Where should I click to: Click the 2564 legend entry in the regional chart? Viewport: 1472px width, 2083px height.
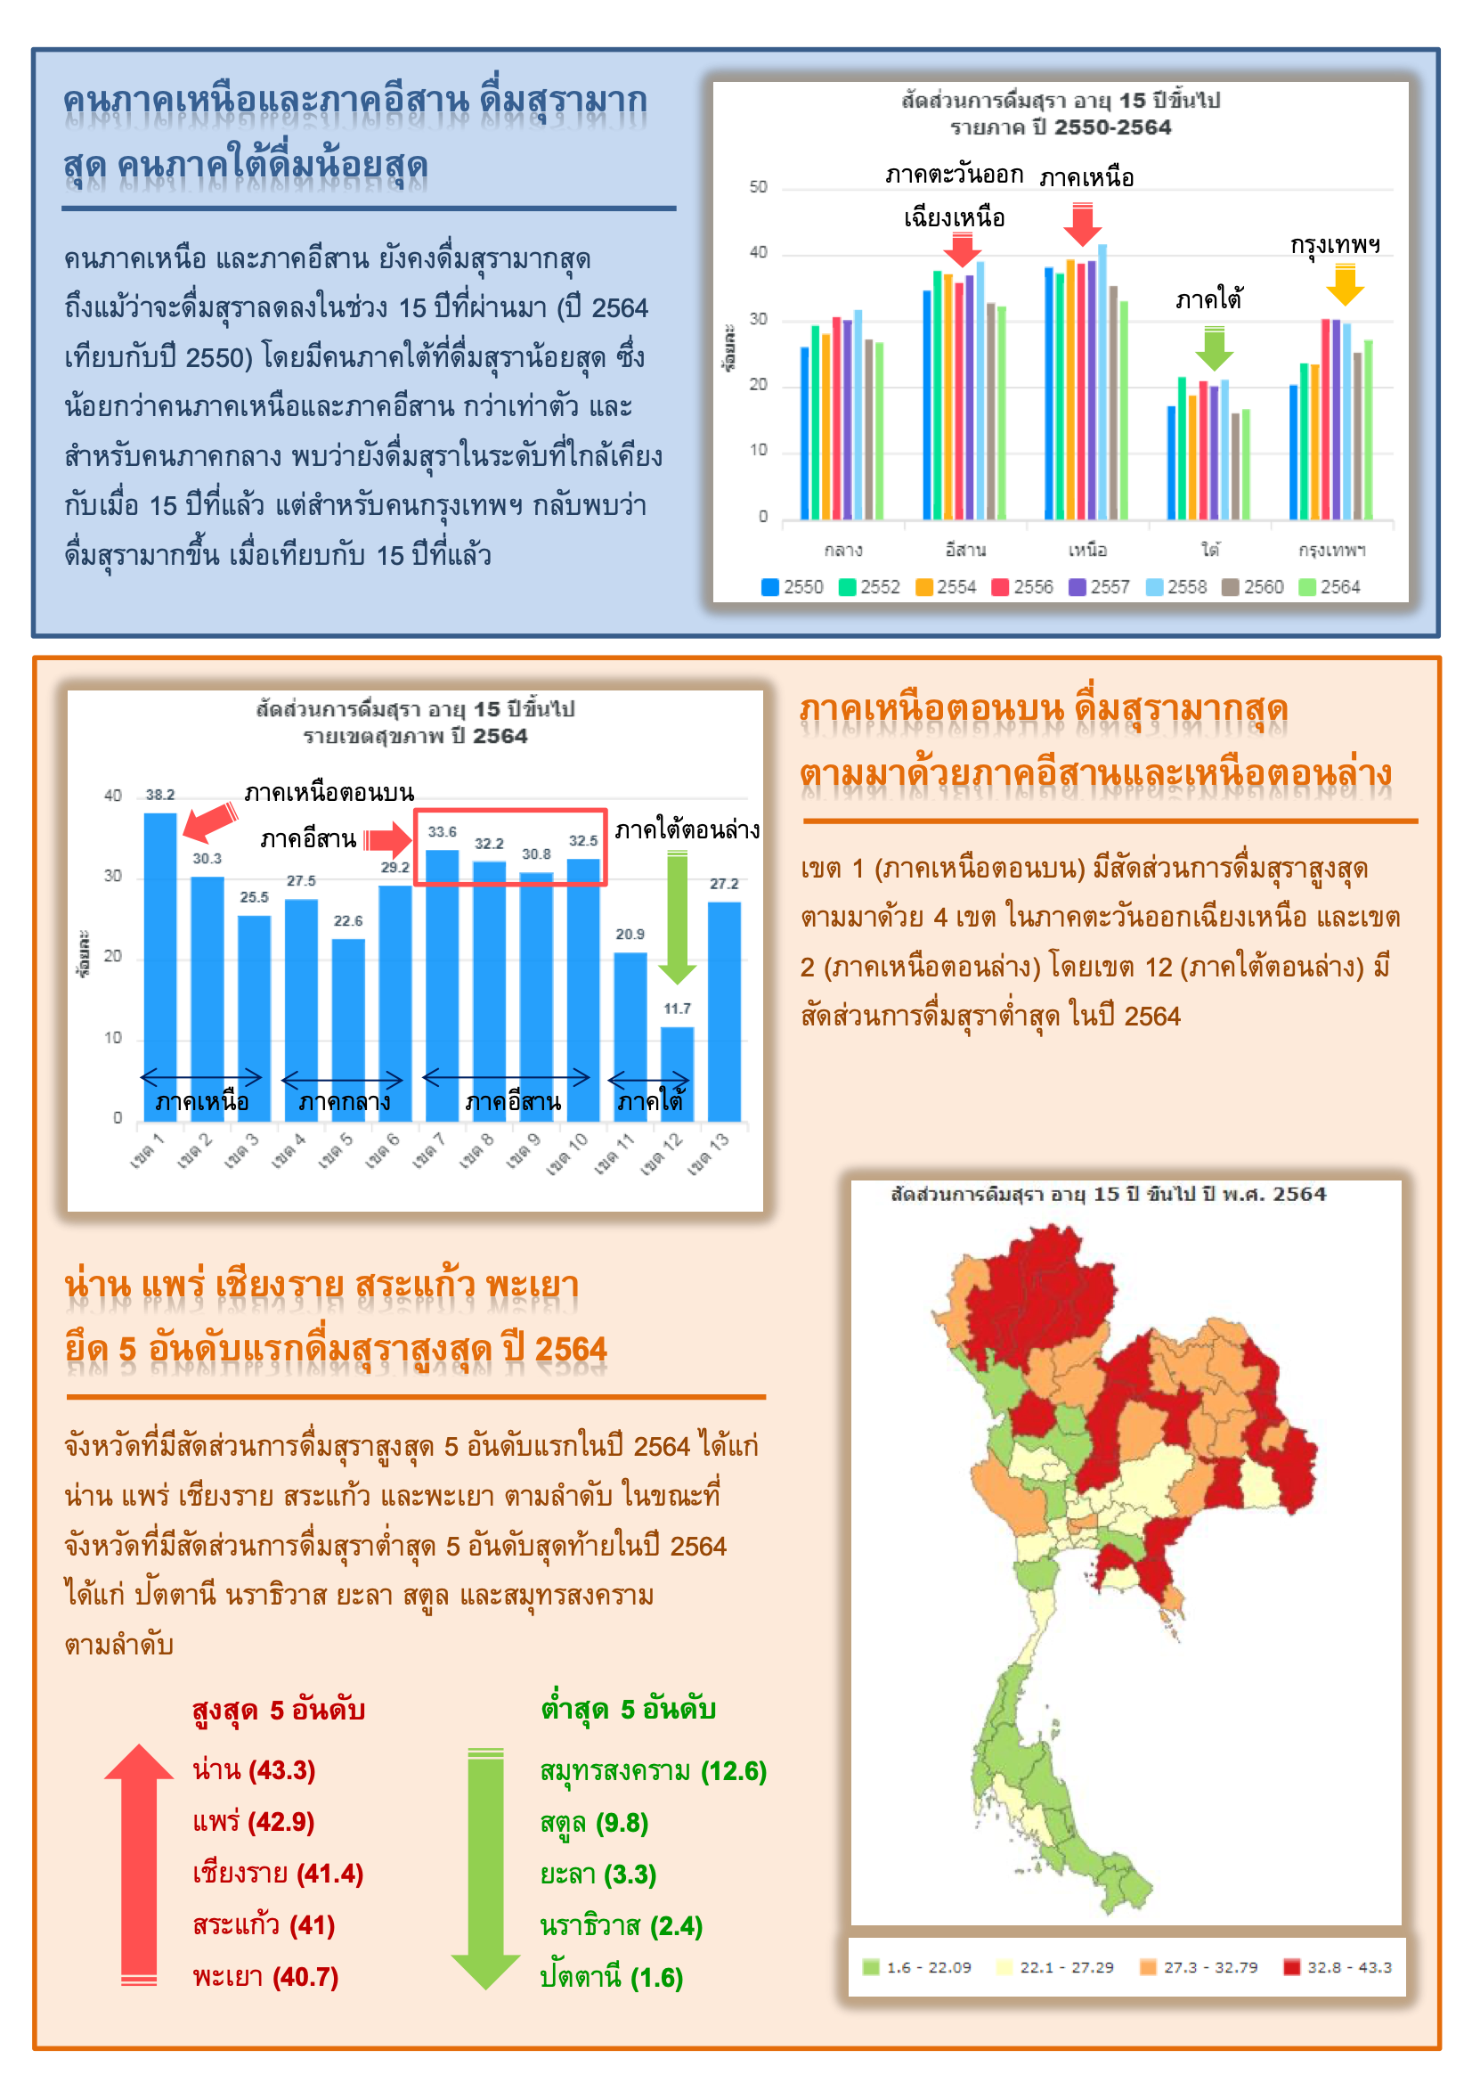pos(1330,587)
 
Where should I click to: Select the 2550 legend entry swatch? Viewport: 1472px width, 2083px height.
pos(770,587)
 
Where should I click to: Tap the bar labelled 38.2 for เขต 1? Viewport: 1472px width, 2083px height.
pos(160,961)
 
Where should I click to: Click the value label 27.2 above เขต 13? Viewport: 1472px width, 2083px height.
pos(724,884)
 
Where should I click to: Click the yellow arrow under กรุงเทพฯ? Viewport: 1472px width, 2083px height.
pos(1344,285)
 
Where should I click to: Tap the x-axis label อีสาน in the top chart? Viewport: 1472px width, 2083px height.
pos(965,550)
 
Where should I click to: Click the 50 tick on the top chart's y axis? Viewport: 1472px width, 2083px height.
pos(758,188)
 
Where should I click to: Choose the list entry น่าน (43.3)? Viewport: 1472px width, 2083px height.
pos(254,1770)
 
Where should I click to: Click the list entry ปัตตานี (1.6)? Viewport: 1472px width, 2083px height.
pos(611,1977)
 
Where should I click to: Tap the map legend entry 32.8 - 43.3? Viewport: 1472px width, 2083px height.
pos(1338,1967)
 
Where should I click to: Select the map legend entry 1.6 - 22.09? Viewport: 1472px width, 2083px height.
pos(917,1967)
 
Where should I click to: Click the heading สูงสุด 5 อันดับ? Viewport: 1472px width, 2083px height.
pos(279,1710)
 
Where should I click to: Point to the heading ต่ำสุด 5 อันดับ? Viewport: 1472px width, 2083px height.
pos(628,1709)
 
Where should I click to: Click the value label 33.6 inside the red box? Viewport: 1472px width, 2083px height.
pos(442,832)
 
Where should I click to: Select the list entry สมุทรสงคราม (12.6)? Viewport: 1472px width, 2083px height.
pos(653,1771)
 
